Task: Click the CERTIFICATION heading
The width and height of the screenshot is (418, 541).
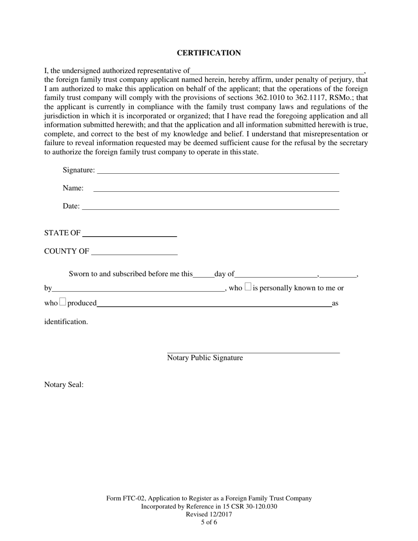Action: pyautogui.click(x=209, y=53)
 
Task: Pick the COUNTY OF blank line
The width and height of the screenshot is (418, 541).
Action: pyautogui.click(x=134, y=253)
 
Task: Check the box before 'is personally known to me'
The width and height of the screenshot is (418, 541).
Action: pyautogui.click(x=248, y=287)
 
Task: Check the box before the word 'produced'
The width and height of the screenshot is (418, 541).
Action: pyautogui.click(x=62, y=302)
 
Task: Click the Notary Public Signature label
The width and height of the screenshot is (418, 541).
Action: pyautogui.click(x=205, y=358)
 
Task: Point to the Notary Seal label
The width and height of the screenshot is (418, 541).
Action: pyautogui.click(x=64, y=385)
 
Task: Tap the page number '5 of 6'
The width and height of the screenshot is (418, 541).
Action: pyautogui.click(x=209, y=523)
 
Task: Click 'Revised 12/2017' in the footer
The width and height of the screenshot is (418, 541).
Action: pyautogui.click(x=209, y=515)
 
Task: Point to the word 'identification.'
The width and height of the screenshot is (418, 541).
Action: pyautogui.click(x=66, y=322)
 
